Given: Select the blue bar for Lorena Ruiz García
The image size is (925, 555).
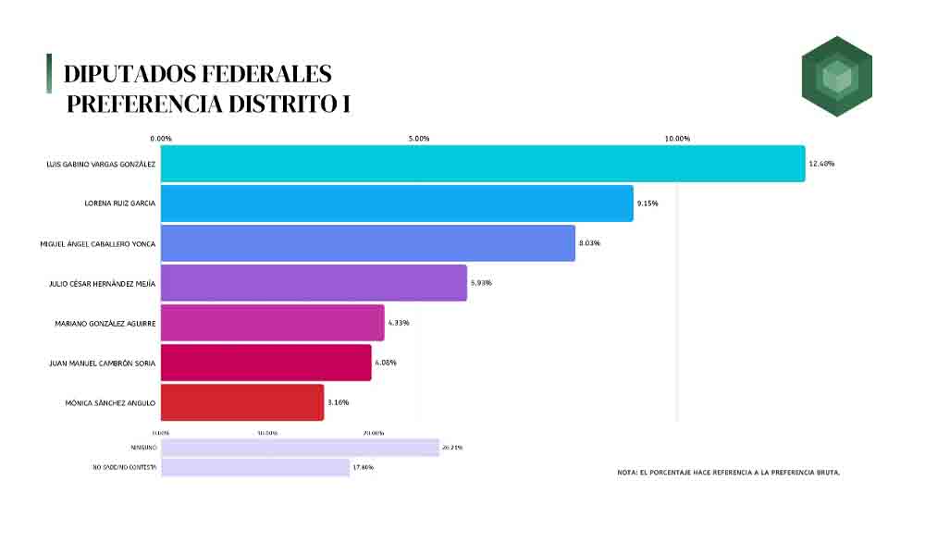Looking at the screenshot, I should [397, 203].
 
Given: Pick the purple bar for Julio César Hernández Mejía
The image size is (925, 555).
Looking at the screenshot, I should [314, 283].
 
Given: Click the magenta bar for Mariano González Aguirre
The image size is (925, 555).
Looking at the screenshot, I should [272, 323].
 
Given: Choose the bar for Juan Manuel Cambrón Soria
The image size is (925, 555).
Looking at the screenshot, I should [265, 363].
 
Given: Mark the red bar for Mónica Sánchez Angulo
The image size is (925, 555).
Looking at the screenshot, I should [242, 402].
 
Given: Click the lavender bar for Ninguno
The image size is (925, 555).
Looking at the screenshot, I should [300, 448].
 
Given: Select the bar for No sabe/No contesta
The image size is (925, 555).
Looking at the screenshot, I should [255, 467].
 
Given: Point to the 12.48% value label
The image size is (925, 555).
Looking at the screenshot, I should [821, 164].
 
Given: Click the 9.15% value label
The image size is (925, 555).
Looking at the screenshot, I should [647, 203].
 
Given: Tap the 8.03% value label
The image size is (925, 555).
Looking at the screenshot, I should [590, 243].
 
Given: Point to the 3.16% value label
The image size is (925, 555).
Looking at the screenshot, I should [338, 402].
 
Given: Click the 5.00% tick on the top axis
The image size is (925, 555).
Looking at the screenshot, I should [419, 139].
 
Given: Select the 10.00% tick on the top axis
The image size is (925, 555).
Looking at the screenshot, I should [677, 139].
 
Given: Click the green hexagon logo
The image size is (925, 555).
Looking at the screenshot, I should [836, 76].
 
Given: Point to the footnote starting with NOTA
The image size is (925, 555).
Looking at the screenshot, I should [728, 473].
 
